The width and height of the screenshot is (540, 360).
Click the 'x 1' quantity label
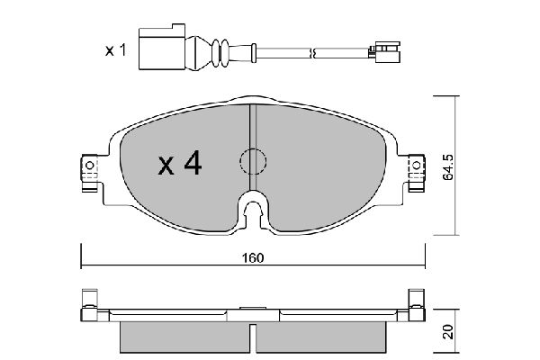pos(114,50)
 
